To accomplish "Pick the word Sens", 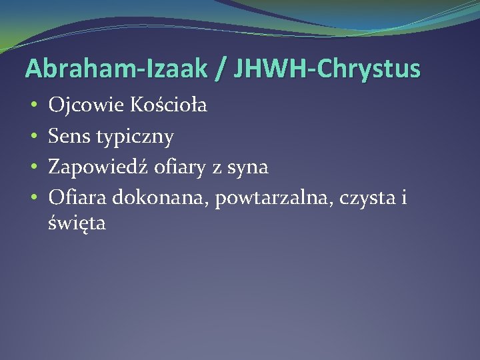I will click(x=69, y=137).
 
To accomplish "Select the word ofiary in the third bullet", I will click(x=179, y=168).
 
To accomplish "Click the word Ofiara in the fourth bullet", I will click(x=78, y=198).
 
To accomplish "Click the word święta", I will click(x=77, y=224).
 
